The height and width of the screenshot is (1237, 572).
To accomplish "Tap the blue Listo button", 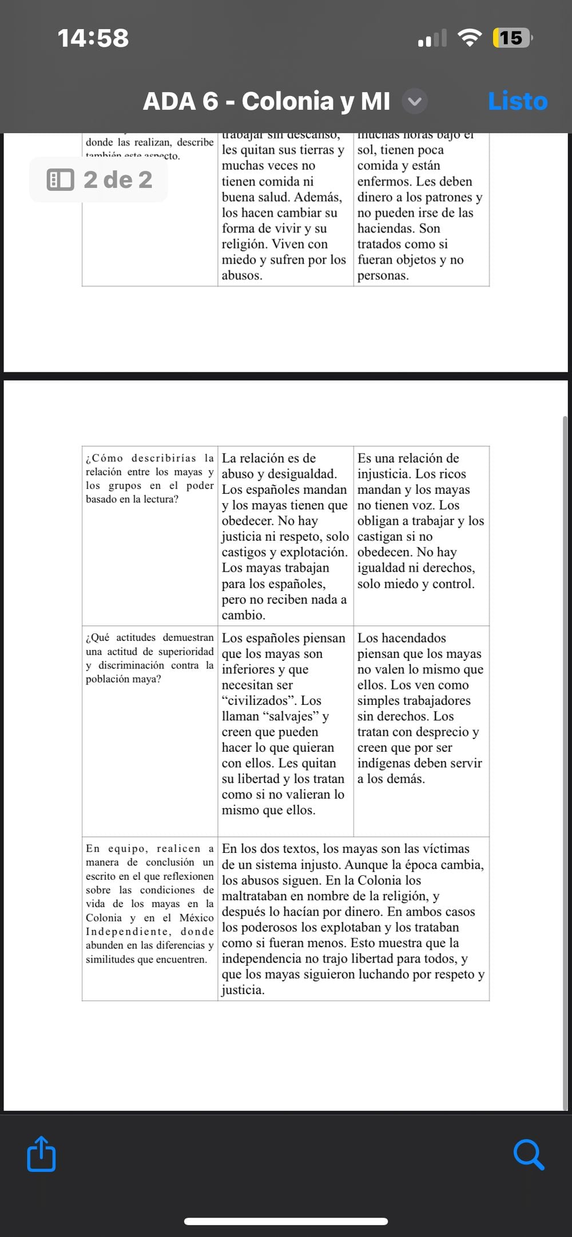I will coord(518,101).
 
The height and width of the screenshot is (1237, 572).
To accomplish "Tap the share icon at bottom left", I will coord(42,1154).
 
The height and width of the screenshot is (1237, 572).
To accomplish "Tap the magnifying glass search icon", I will coord(529,1154).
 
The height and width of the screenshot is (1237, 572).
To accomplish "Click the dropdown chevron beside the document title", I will coord(415,102).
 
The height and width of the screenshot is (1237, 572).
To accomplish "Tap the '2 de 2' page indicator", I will coord(100,179).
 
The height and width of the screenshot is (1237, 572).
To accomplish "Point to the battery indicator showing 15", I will coord(511,38).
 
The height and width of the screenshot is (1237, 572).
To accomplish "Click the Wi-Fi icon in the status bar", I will coord(469,38).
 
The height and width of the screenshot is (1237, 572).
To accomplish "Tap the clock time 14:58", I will coord(93,38).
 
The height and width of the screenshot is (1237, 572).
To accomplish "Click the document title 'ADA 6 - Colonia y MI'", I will coord(267,101).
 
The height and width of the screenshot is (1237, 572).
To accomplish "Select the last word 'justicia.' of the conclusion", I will coord(243,989).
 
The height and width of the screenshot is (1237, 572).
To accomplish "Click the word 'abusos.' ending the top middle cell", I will coord(242,276).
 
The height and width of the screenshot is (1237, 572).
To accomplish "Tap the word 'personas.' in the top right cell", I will coord(383,276).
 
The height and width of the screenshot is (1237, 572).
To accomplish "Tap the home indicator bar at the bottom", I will coord(286,1221).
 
